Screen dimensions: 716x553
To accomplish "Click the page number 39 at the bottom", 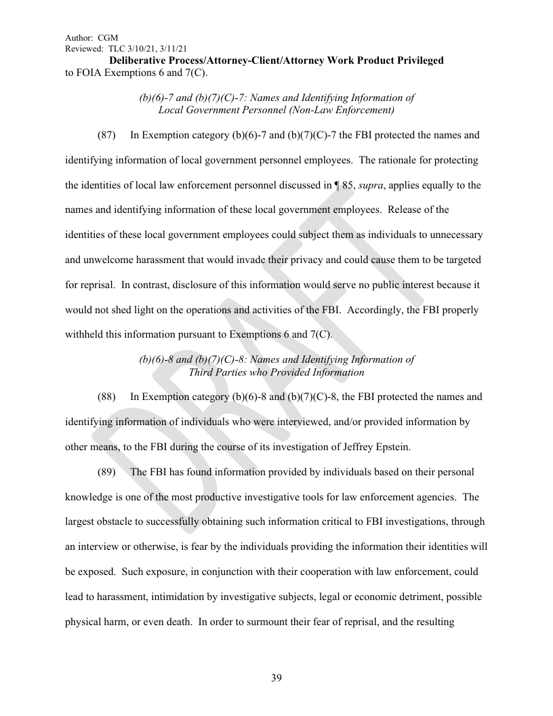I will [276, 678].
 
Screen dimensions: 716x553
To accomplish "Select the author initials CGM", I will [108, 37].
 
